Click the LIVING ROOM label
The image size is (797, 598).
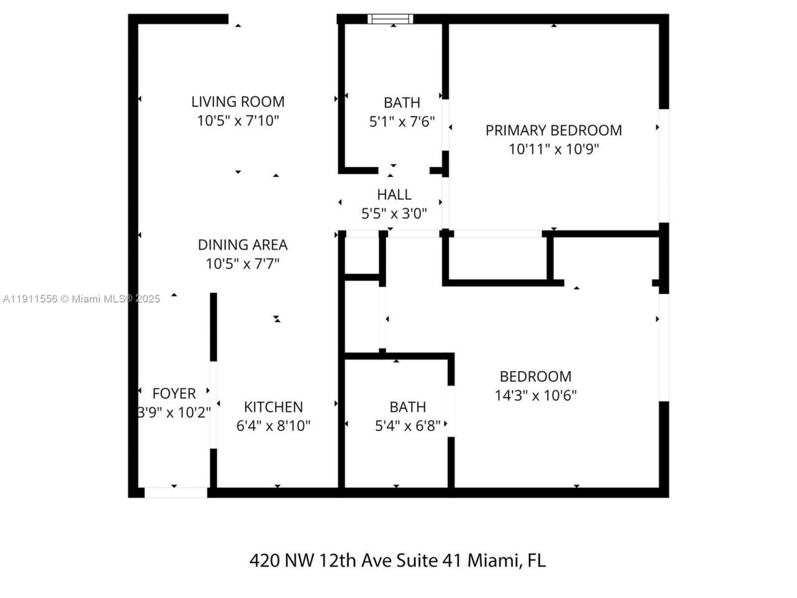coord(237,102)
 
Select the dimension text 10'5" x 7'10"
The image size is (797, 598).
coord(238,121)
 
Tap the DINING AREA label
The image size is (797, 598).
coord(242,245)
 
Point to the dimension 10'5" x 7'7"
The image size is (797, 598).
coord(242,264)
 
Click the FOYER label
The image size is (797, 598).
coord(174,394)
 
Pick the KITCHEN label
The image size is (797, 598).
coord(273,407)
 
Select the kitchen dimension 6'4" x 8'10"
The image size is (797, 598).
coord(273,426)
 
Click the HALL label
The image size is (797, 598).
coord(394,194)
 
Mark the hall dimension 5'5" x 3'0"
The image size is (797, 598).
coord(394,214)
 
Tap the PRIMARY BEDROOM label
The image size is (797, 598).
coord(554,130)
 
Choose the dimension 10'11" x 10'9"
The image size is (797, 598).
coord(554,149)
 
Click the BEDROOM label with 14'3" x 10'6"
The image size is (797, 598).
coord(535,376)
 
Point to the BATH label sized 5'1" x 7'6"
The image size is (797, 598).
coord(402,102)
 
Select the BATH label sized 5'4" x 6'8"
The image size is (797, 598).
coord(408,407)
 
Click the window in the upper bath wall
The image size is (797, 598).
coord(390,19)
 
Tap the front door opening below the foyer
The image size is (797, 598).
coord(176,493)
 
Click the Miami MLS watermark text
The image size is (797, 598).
coord(82,299)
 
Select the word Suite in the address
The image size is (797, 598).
coord(416,561)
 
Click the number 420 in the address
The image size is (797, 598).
coord(264,561)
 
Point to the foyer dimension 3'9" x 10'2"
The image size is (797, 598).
coord(174,413)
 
